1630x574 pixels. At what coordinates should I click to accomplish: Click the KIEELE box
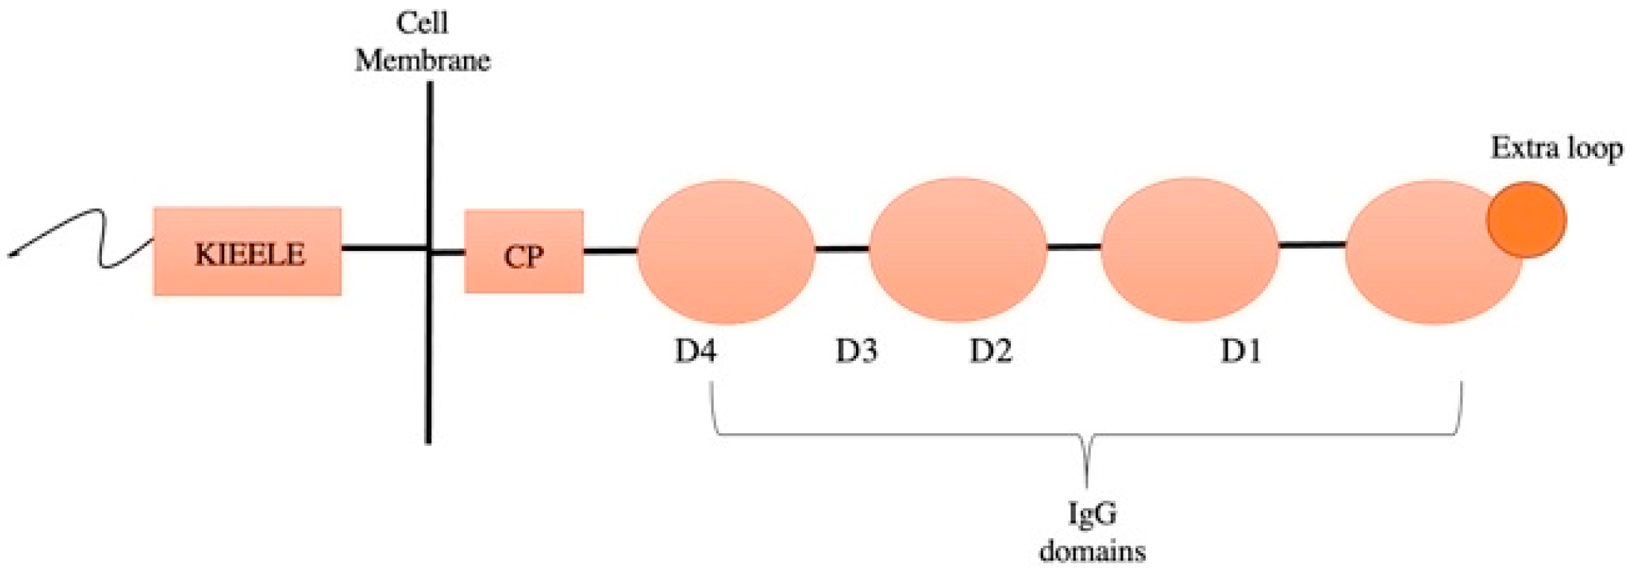247,252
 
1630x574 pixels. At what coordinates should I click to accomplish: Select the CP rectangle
524,252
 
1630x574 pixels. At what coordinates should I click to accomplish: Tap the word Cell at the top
422,23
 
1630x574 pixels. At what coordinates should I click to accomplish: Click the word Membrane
422,60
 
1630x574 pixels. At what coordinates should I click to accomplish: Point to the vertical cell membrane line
428,357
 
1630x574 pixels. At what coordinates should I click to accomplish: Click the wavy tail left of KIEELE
82,237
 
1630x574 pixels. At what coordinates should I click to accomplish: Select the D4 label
695,351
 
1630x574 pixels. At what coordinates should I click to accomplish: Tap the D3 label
856,351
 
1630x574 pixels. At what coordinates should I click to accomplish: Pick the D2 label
990,351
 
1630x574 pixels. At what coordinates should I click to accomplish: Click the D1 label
1240,351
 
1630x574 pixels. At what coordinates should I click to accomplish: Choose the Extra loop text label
1556,148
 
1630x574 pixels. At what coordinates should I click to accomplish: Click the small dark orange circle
1526,220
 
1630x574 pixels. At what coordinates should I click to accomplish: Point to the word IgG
1092,514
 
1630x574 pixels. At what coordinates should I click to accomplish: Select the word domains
1092,552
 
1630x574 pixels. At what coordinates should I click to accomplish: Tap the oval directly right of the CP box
726,252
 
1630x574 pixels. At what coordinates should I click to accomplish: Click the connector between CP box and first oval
610,251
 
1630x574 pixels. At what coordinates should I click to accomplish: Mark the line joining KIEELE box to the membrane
384,248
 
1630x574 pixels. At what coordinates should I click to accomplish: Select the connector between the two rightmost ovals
1312,244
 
